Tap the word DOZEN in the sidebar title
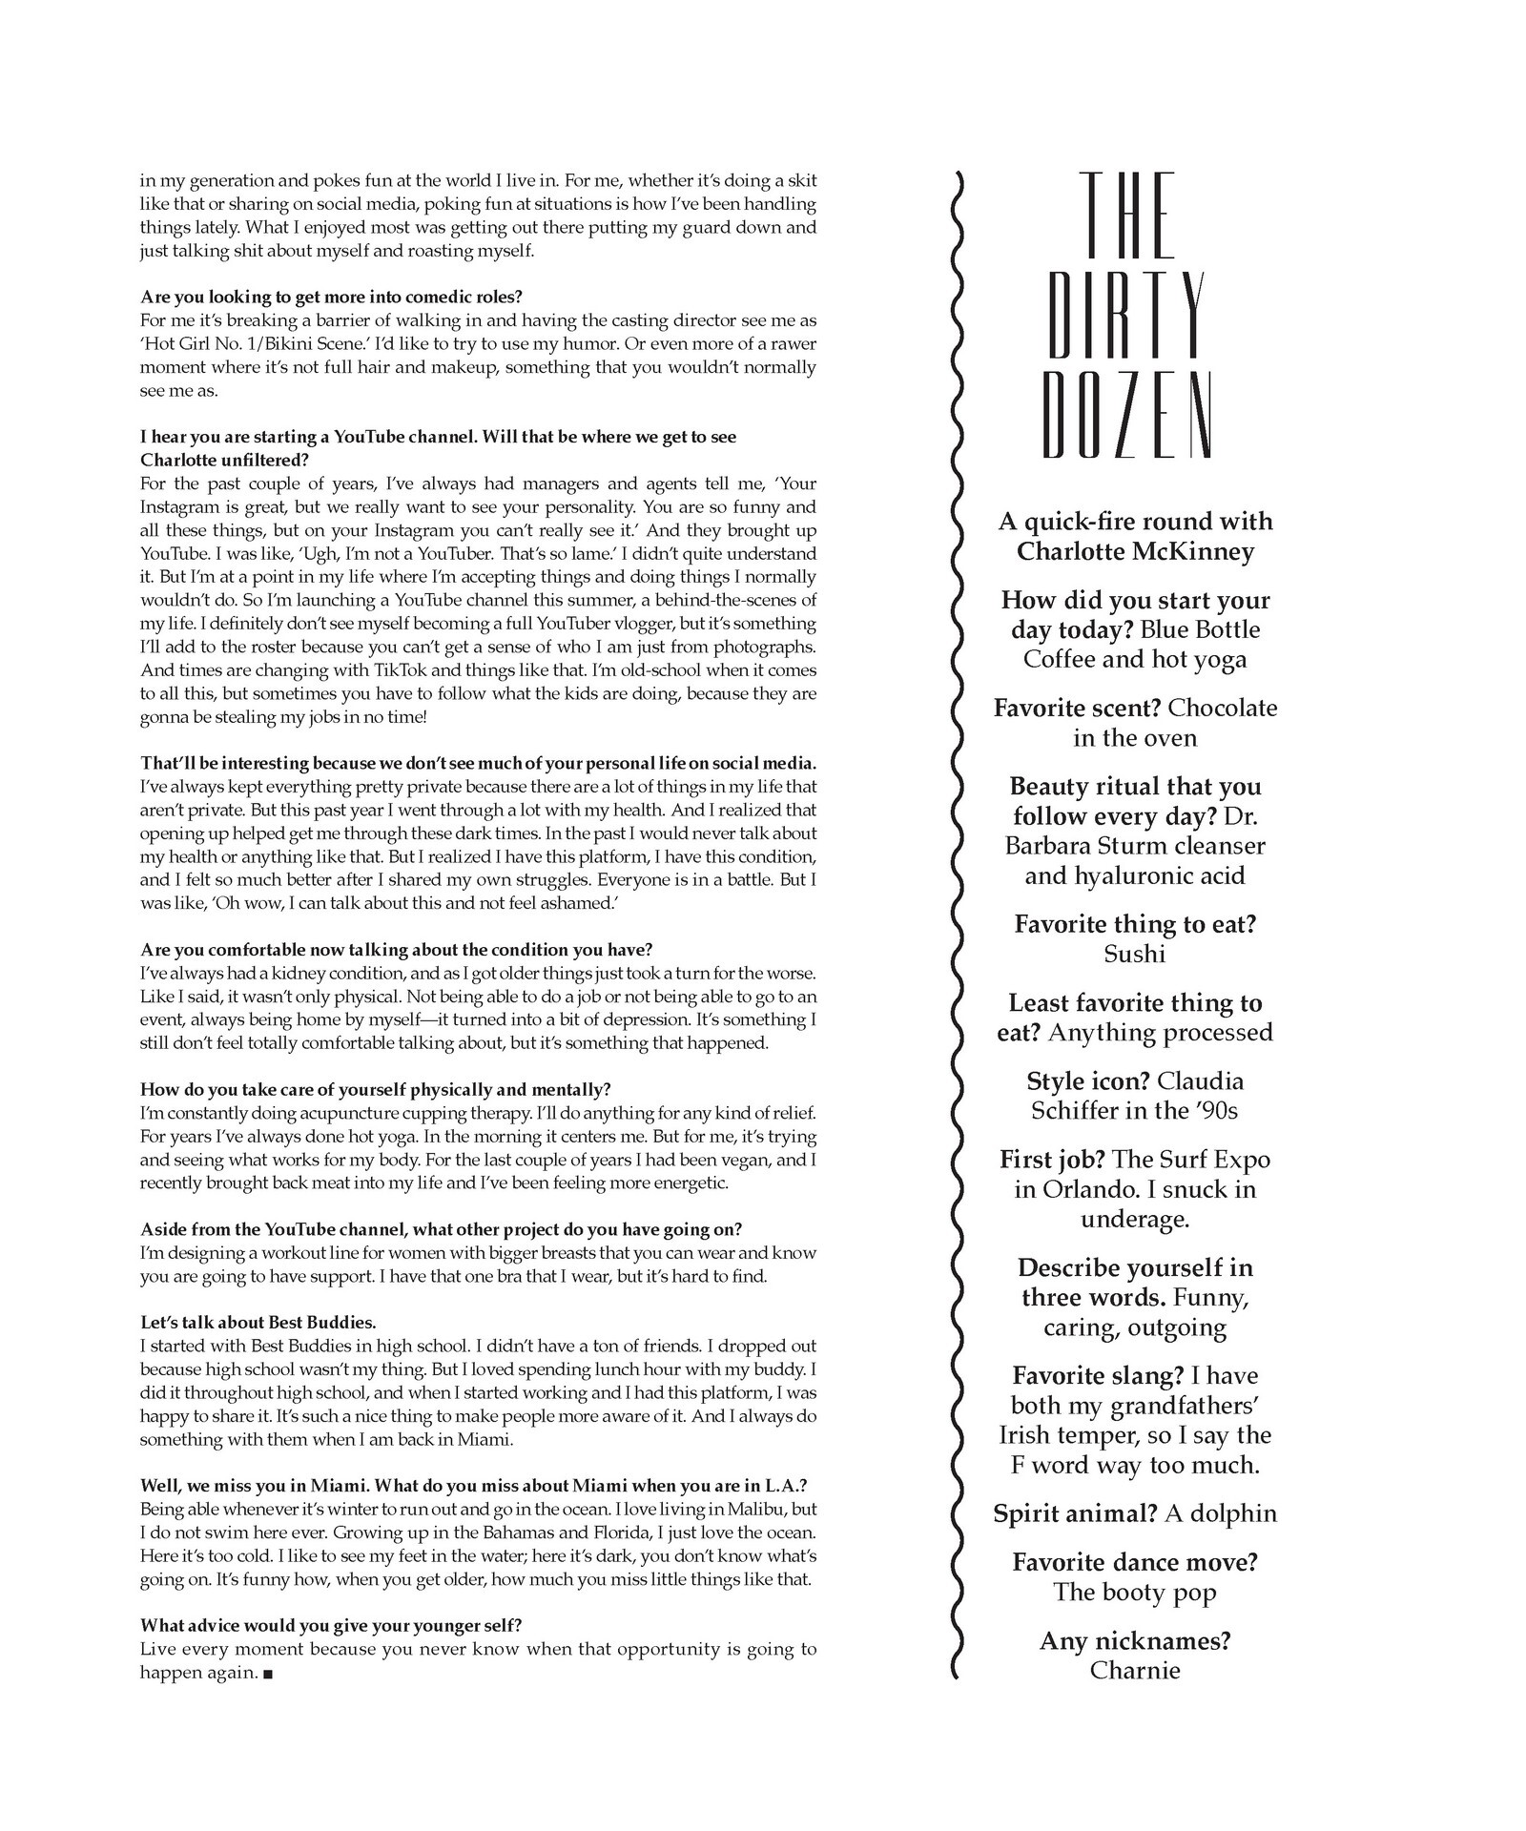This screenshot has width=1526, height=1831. coord(1127,415)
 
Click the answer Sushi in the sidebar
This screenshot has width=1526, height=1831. coord(1135,954)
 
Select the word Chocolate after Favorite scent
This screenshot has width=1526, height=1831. coord(1222,708)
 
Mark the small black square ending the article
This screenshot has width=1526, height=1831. coord(267,1674)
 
